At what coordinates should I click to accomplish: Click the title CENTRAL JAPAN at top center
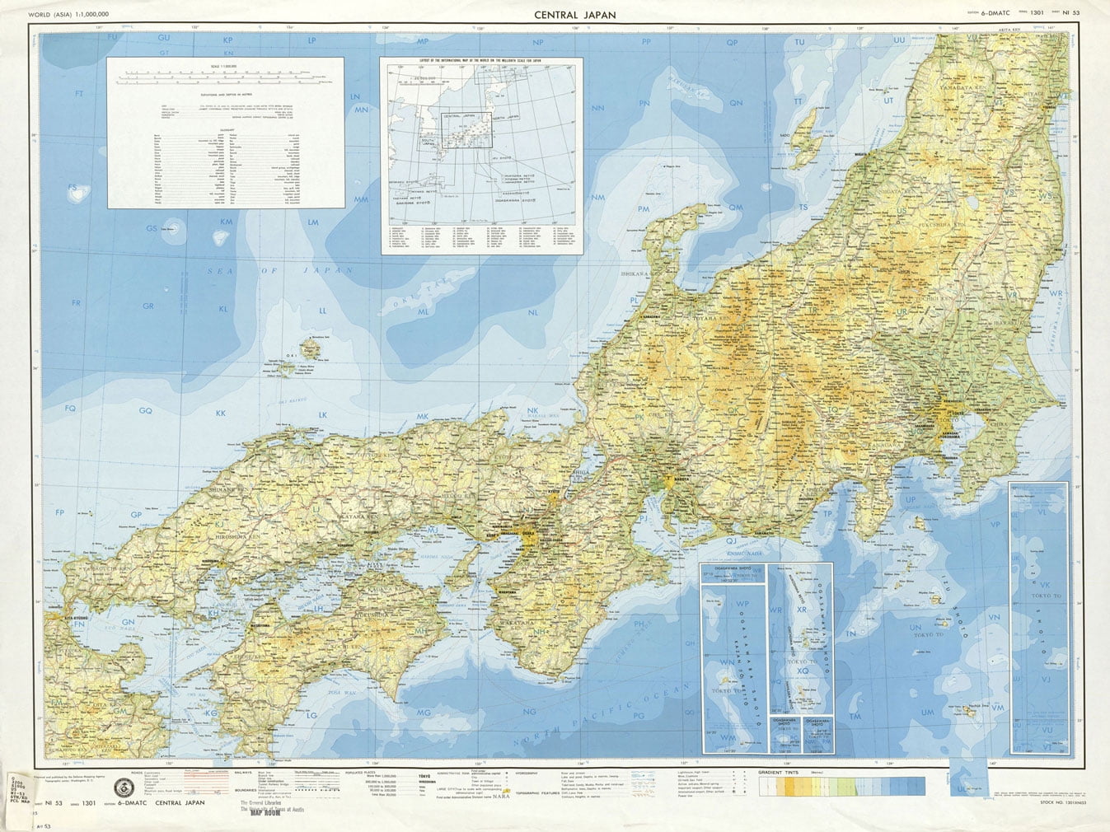point(574,14)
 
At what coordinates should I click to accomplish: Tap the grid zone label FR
point(77,303)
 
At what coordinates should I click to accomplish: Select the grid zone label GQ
point(145,410)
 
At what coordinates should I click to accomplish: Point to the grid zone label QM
point(735,208)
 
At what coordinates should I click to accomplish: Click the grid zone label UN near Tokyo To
point(916,627)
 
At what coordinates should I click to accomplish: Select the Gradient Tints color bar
point(841,786)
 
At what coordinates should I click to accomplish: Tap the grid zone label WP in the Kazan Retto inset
point(742,603)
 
